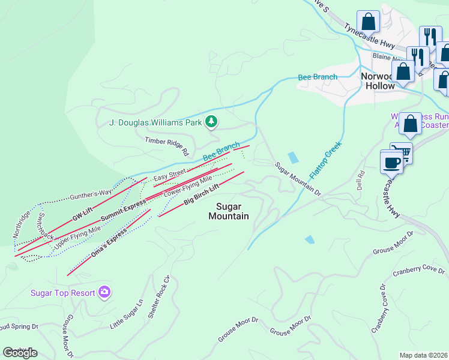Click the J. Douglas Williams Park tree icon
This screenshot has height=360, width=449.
(211, 122)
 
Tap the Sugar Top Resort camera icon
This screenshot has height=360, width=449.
(105, 292)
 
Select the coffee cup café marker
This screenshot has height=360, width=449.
(392, 162)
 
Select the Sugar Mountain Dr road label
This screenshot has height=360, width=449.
(299, 178)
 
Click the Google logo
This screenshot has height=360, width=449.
(20, 353)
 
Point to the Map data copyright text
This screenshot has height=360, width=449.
(423, 355)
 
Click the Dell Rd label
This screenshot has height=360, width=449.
(361, 182)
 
